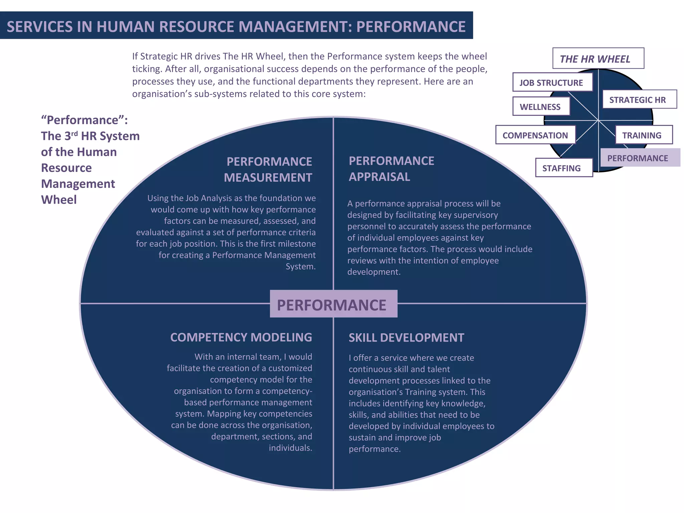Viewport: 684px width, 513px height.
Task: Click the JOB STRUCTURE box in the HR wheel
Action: point(552,82)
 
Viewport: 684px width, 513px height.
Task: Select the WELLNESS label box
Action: point(541,107)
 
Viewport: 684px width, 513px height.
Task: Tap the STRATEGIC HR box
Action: point(639,100)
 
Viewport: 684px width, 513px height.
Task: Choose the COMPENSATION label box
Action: point(535,135)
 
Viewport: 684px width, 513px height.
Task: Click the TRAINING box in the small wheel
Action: point(643,135)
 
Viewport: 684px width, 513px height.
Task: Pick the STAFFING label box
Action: point(563,168)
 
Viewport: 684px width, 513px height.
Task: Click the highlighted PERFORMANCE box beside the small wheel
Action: point(639,158)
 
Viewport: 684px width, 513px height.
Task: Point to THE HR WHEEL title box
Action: point(598,58)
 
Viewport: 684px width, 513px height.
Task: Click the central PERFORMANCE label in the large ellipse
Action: point(333,304)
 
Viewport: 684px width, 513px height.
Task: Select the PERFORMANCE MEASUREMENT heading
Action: point(269,169)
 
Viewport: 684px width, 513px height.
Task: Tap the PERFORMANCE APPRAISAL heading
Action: point(391,169)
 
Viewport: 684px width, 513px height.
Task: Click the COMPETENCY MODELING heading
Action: point(241,337)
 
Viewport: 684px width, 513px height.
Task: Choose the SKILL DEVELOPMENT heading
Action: point(406,337)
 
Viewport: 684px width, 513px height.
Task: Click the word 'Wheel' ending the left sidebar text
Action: point(59,199)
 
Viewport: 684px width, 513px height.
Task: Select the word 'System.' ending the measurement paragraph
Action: point(300,266)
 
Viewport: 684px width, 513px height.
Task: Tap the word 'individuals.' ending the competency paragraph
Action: point(290,448)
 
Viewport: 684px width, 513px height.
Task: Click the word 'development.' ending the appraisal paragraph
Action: point(373,272)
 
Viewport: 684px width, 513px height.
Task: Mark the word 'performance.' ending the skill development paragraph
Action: point(374,449)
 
